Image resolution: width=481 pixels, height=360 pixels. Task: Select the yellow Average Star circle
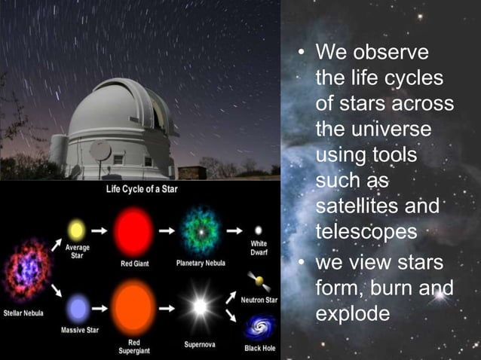pos(76,229)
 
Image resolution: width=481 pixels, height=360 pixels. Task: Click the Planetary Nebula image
pos(201,230)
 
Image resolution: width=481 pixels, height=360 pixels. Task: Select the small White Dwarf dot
pos(259,230)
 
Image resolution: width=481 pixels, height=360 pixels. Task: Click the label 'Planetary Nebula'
pos(201,264)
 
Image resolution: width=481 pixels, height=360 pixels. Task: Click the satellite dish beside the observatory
pos(100,150)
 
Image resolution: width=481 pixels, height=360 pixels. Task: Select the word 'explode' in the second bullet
pos(353,313)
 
